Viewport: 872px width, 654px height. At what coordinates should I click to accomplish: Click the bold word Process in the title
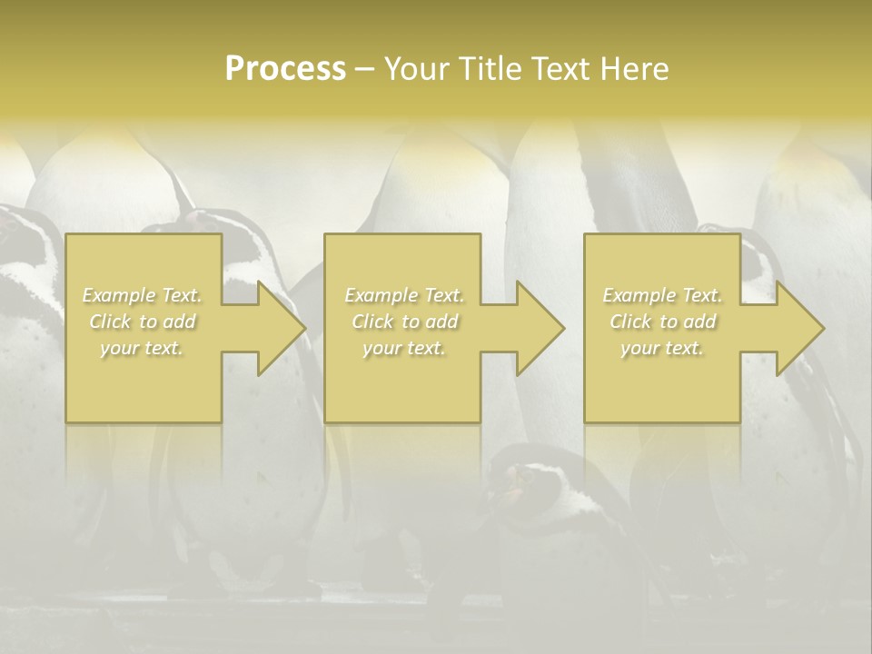[x=285, y=69]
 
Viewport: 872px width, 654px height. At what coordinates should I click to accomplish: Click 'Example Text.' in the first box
[x=143, y=295]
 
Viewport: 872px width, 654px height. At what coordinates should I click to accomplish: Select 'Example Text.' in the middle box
[x=403, y=295]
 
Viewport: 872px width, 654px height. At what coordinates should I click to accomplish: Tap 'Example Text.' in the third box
[x=662, y=295]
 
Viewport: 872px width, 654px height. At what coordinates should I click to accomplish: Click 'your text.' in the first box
[x=143, y=348]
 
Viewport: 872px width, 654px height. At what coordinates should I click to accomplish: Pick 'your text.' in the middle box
[x=403, y=348]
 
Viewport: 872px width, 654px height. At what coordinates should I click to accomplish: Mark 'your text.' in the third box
[x=662, y=348]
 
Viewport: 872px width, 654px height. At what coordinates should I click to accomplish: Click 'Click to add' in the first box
[x=143, y=322]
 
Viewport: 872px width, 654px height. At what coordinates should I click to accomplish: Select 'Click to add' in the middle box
[x=403, y=322]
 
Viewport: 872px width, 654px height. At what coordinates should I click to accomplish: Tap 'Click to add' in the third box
[x=662, y=322]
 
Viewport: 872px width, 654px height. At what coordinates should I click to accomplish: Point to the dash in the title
[x=365, y=69]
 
